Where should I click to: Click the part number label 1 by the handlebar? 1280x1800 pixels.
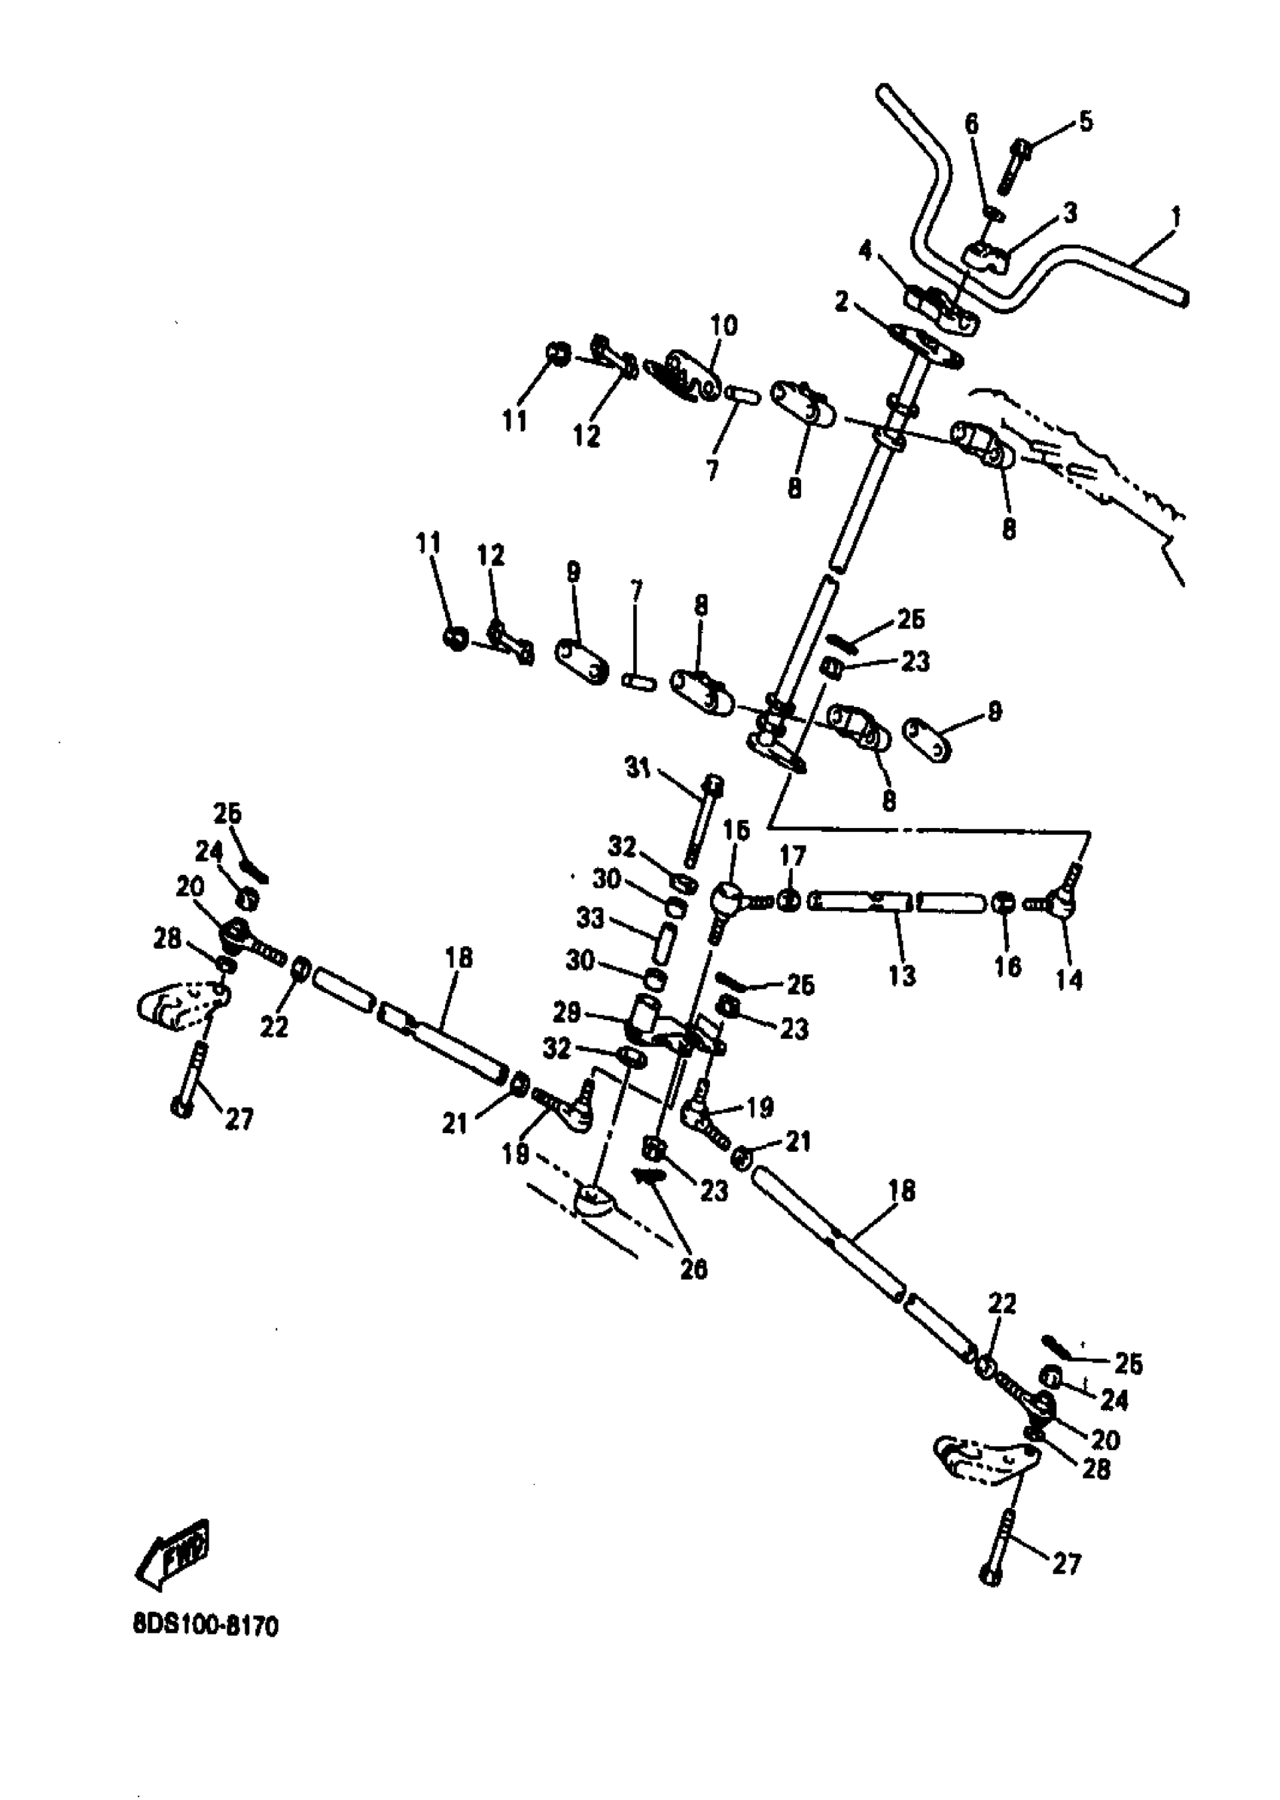coord(1175,215)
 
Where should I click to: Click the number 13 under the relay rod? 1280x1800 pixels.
coord(903,976)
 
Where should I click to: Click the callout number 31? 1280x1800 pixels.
coord(638,768)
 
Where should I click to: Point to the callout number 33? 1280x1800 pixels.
coord(590,918)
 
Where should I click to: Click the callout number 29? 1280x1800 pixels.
coord(589,1012)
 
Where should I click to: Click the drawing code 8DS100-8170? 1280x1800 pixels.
coord(206,1625)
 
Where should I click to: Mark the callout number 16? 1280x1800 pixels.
coord(1007,966)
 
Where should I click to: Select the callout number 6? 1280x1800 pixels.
coord(971,123)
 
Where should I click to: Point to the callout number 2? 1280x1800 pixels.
coord(842,301)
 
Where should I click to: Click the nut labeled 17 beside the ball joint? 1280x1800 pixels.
coord(790,900)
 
